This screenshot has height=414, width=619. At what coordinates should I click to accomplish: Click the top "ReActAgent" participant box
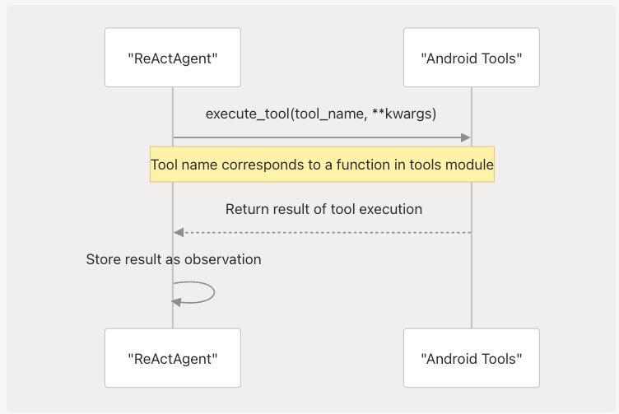point(173,58)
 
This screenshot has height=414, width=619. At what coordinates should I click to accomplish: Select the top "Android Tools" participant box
point(472,58)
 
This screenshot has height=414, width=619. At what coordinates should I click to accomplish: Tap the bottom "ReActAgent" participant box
point(173,358)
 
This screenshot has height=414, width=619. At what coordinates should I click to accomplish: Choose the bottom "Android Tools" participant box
point(472,358)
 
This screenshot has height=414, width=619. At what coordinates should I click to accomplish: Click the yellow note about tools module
point(322,165)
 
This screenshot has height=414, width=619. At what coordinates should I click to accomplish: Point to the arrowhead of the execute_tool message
point(466,137)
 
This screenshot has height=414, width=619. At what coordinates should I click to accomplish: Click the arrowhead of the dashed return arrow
point(179,232)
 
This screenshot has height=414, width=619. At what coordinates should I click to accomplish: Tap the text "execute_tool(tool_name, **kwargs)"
point(321,114)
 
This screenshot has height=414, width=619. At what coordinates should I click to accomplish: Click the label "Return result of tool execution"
point(323,209)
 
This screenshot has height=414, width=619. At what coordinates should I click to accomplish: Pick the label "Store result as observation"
point(174,259)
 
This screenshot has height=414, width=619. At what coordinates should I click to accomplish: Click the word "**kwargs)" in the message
point(404,114)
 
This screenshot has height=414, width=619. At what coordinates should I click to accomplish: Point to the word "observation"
point(222,259)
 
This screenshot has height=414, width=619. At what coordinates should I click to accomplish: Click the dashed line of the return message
point(323,232)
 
